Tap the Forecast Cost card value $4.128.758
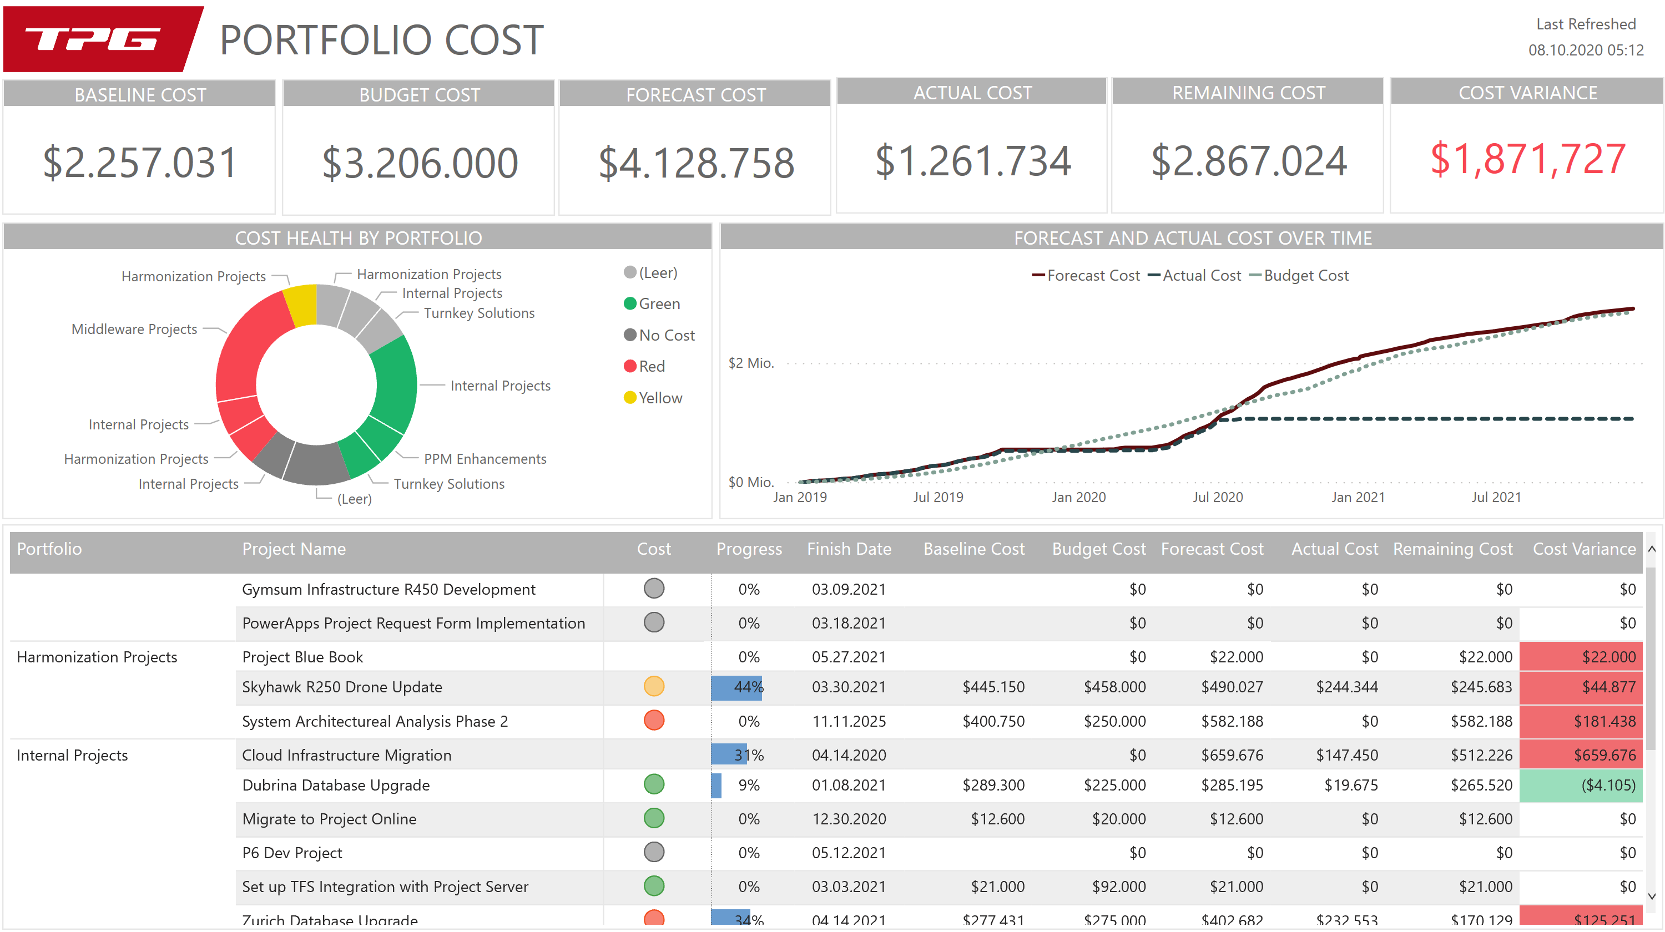[695, 162]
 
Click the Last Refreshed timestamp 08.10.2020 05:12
[1585, 50]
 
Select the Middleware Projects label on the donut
[134, 329]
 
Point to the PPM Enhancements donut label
[485, 459]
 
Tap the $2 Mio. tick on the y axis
[750, 363]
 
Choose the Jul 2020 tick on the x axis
[1217, 497]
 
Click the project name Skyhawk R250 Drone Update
[342, 687]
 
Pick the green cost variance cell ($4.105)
[1580, 785]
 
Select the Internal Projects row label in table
[72, 754]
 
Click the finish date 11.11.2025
[849, 721]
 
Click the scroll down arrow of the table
[1652, 895]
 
